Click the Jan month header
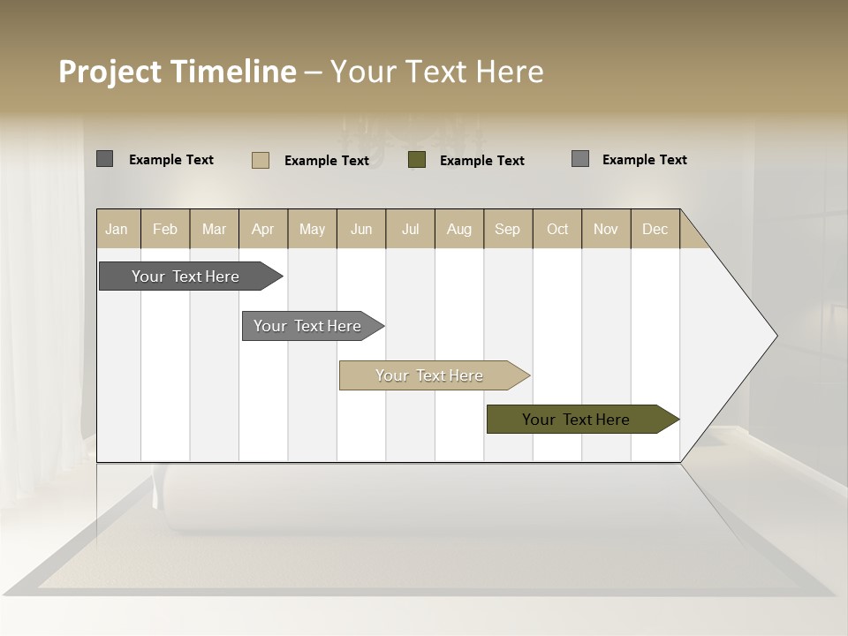point(117,229)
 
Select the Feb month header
point(165,229)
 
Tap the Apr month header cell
point(263,229)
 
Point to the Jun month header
point(361,229)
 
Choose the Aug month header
point(459,229)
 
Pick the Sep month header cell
point(508,229)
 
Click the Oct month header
point(557,229)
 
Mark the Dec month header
point(655,229)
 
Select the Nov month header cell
point(606,229)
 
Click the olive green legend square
point(417,160)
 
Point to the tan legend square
point(261,160)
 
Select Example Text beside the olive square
point(482,161)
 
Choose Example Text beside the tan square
point(327,161)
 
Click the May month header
point(312,229)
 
